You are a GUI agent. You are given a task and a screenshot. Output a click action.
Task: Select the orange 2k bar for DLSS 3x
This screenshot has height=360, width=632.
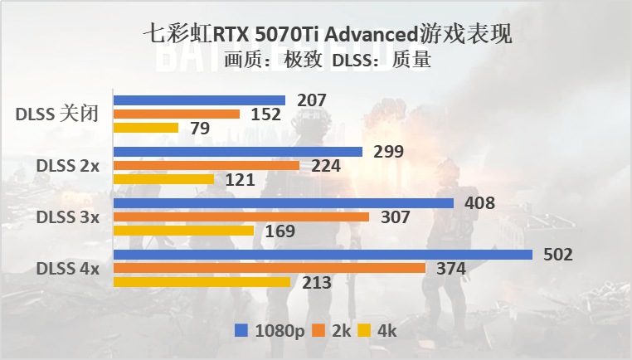[241, 217]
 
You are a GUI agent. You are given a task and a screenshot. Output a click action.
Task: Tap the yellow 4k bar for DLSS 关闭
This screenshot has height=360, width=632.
[145, 128]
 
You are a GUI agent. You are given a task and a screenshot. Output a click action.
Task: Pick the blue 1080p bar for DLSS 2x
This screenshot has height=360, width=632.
[237, 152]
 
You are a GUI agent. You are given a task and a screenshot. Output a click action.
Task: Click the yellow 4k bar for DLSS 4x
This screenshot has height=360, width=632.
[201, 282]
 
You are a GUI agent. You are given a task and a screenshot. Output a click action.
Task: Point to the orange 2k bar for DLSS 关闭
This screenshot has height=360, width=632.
[176, 114]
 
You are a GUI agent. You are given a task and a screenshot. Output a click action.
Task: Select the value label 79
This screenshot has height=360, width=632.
[199, 129]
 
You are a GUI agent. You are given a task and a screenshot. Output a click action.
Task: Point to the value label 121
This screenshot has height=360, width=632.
[239, 180]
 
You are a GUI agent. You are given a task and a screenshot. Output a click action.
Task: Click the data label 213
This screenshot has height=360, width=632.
[316, 283]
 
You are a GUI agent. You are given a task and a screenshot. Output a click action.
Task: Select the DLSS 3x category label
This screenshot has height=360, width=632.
[67, 217]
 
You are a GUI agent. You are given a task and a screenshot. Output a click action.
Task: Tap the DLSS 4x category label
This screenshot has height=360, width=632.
[67, 269]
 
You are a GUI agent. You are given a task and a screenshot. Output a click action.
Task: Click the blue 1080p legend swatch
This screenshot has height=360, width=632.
[241, 331]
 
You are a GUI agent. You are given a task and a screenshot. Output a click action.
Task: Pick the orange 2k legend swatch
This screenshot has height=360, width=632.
[318, 331]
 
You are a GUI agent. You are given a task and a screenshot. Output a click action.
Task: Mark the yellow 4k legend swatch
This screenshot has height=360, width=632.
[362, 331]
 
